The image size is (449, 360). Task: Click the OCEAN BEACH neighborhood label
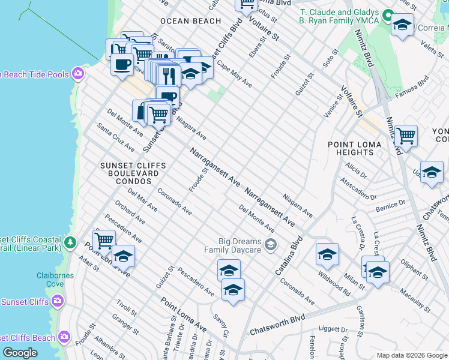190,21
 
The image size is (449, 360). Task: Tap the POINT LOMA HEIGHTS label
359,148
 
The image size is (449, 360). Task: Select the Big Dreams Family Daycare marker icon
271,244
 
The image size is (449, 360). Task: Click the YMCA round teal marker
387,16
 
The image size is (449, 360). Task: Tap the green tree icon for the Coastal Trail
71,242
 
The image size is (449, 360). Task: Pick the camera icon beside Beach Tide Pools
77,74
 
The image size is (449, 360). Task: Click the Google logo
20,353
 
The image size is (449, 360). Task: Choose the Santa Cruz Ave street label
116,137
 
